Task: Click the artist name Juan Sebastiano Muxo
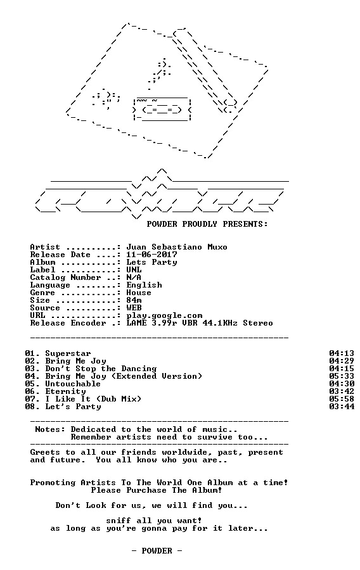click(x=177, y=247)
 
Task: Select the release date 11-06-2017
click(x=151, y=255)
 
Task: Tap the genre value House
click(x=139, y=293)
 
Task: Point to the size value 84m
click(x=134, y=300)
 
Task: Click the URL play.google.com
click(x=164, y=316)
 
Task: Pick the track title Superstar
click(x=68, y=353)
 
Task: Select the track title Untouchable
click(x=73, y=384)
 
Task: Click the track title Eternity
click(x=65, y=392)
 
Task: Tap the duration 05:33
click(x=342, y=376)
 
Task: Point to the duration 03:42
click(x=342, y=391)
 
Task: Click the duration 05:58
click(x=342, y=399)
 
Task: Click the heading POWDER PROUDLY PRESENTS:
click(x=207, y=224)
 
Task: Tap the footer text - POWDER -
click(x=157, y=551)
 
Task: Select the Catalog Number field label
click(x=65, y=278)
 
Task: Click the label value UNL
click(x=134, y=270)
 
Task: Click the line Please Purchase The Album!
click(x=157, y=490)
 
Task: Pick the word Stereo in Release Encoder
click(x=258, y=323)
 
